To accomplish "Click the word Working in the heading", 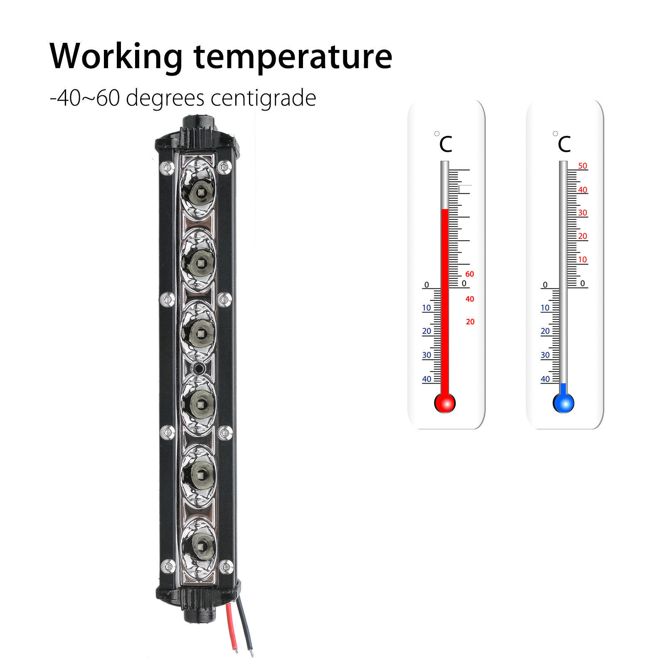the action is click(x=116, y=57).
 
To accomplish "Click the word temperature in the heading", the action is click(x=293, y=57).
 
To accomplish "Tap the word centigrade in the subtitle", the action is click(x=263, y=99).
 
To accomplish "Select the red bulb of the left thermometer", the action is click(x=445, y=403).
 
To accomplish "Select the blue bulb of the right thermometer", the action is click(x=563, y=403).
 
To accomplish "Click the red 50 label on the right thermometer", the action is click(x=582, y=166).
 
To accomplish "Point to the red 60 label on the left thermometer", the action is click(x=470, y=274).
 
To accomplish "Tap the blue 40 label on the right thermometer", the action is click(x=545, y=379).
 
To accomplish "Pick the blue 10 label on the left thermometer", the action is click(x=426, y=308).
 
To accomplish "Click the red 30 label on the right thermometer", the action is click(x=582, y=213).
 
